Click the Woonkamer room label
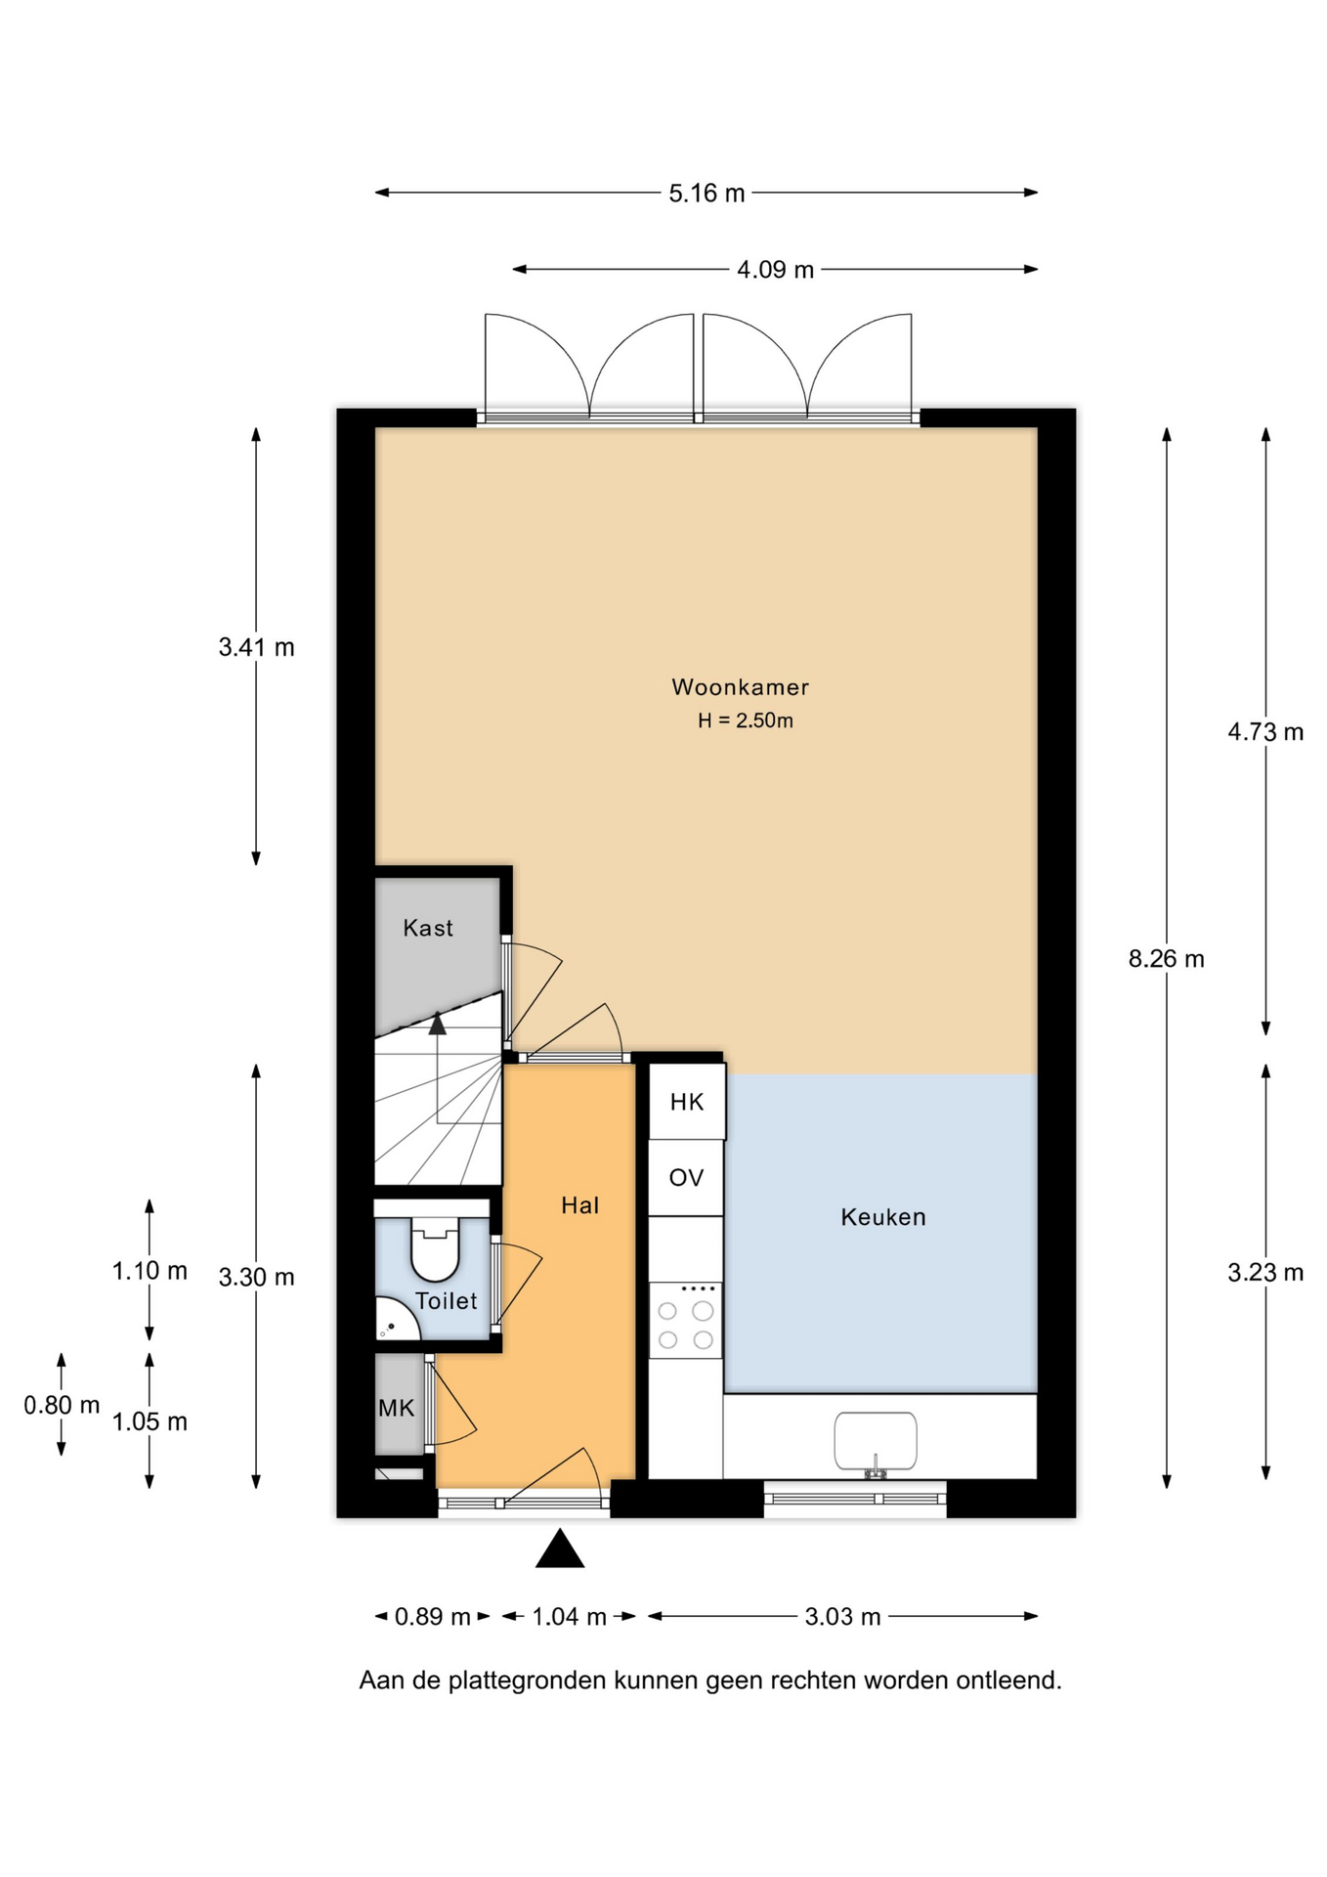(x=740, y=687)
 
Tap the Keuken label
(x=883, y=1217)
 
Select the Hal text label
(x=579, y=1205)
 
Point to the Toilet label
(x=446, y=1301)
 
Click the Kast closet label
(x=428, y=928)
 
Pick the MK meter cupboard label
(x=396, y=1408)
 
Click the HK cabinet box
(x=687, y=1102)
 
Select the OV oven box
(x=686, y=1178)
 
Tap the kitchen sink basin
(x=876, y=1441)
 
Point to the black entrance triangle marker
(x=560, y=1550)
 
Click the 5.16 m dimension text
(x=706, y=194)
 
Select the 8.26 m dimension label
(x=1166, y=959)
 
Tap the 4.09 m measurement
(x=775, y=270)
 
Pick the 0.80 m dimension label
(x=62, y=1405)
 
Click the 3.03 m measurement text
(x=842, y=1617)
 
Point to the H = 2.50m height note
(x=745, y=720)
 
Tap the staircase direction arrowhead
(x=437, y=1024)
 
